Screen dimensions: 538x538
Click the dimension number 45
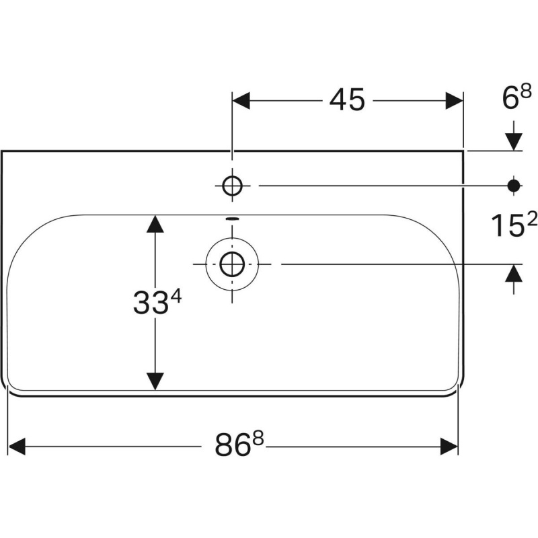[346, 100]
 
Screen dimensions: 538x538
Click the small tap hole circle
[232, 186]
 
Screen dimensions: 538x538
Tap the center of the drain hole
[232, 264]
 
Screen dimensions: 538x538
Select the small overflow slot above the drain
[232, 218]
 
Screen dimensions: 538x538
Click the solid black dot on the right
[514, 186]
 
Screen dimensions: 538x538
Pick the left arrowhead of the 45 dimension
[241, 100]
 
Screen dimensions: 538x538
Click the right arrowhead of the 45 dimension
[455, 100]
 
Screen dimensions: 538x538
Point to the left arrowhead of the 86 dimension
[16, 447]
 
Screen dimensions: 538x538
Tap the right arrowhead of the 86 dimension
[449, 447]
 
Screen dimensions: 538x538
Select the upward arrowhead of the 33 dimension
[155, 224]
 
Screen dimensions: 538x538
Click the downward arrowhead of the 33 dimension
[155, 381]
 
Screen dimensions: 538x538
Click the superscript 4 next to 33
[176, 296]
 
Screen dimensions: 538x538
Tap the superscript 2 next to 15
[531, 219]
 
